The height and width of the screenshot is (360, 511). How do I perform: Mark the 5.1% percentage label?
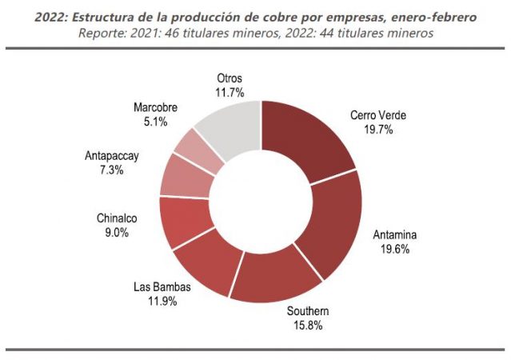point(150,122)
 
